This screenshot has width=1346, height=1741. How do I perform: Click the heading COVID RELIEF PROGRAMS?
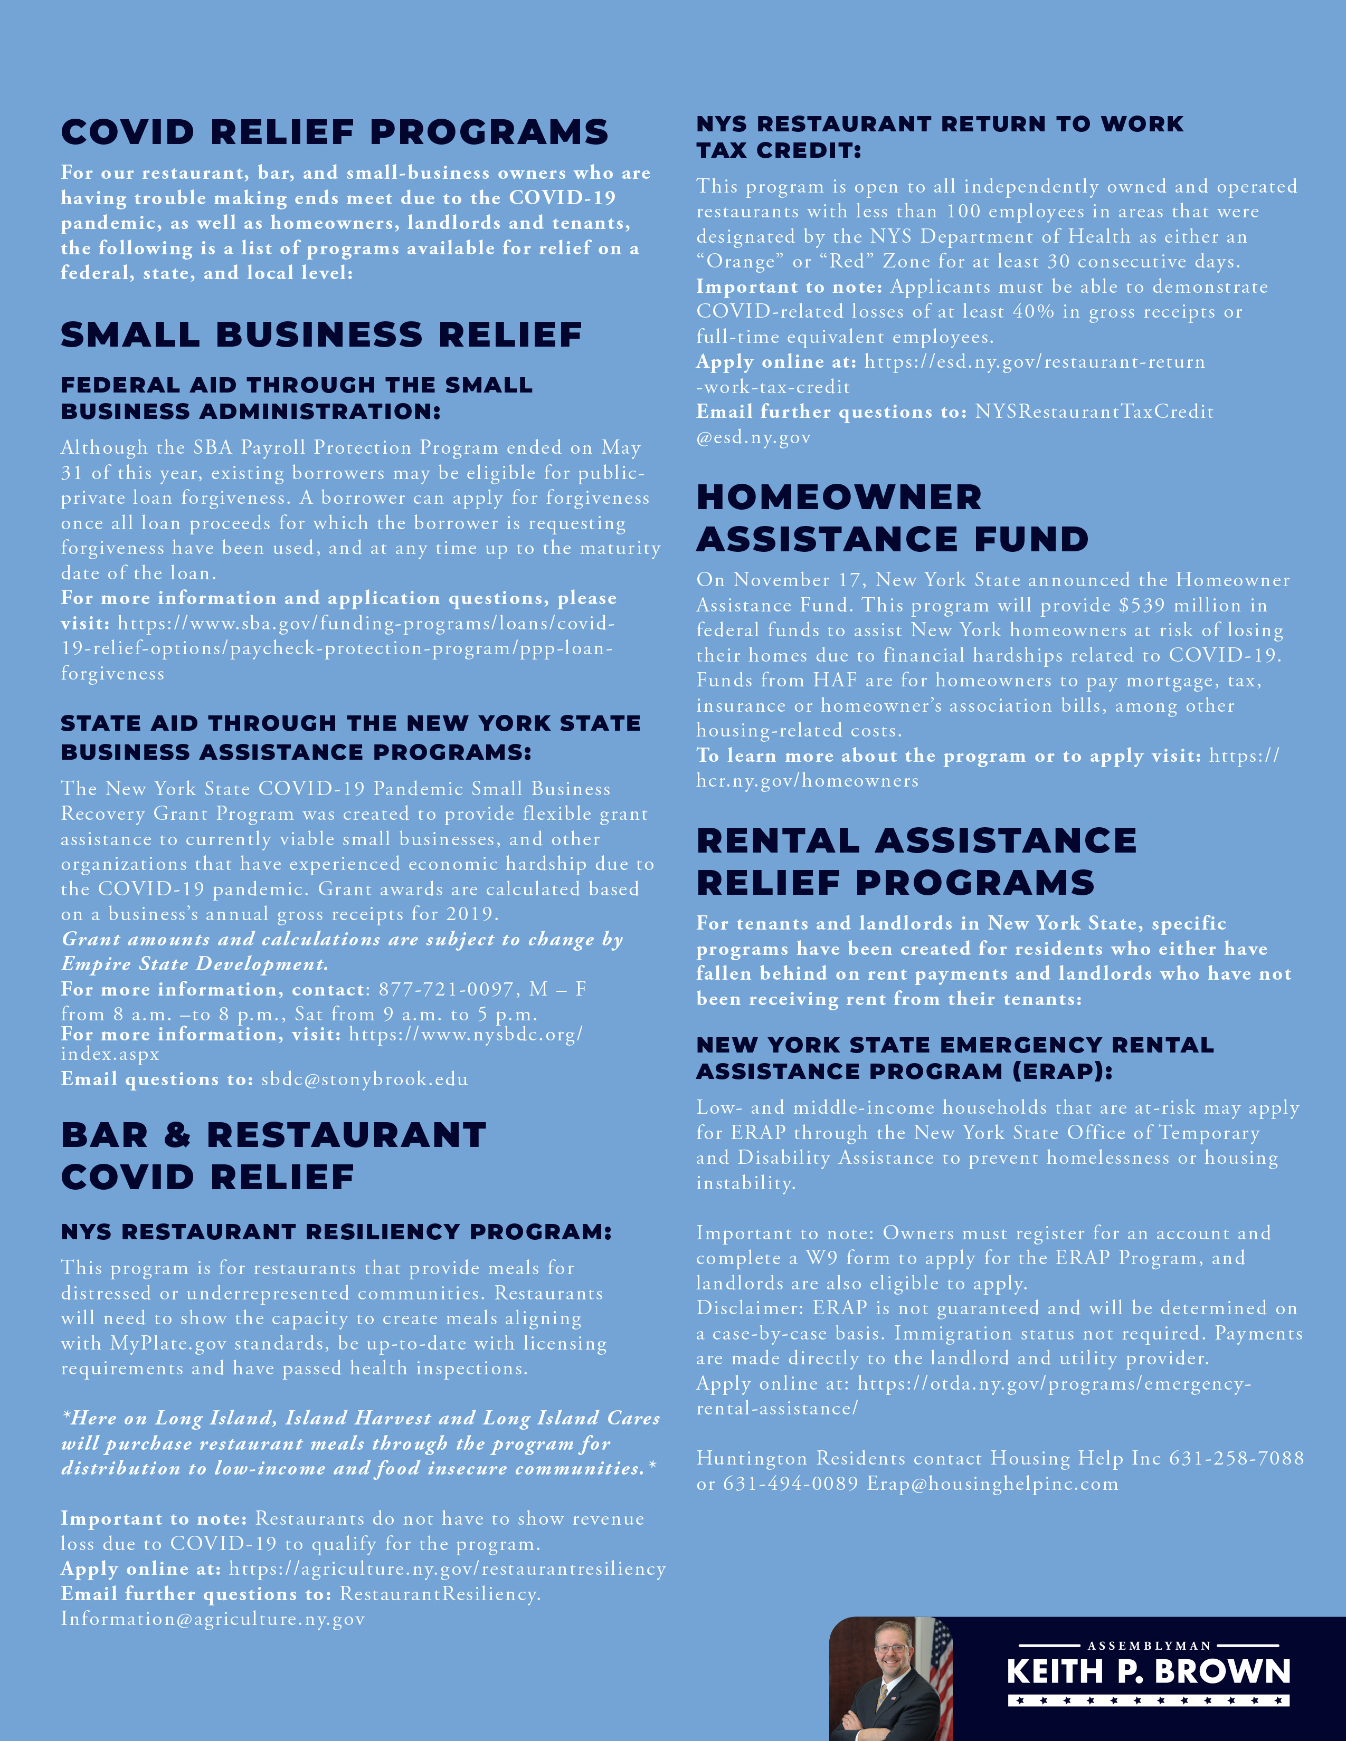(x=334, y=132)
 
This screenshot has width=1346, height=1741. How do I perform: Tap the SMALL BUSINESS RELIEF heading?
(x=321, y=335)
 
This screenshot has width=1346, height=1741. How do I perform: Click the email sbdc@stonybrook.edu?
(x=364, y=1079)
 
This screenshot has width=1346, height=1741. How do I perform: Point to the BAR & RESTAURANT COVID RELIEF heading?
(x=273, y=1156)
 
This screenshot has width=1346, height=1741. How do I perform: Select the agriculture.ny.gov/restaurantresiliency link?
(x=447, y=1569)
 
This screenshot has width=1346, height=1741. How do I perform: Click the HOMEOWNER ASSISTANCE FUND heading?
(x=892, y=518)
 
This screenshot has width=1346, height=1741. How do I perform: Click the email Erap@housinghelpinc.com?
(x=993, y=1484)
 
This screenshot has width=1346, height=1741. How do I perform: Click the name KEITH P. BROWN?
(x=1148, y=1672)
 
